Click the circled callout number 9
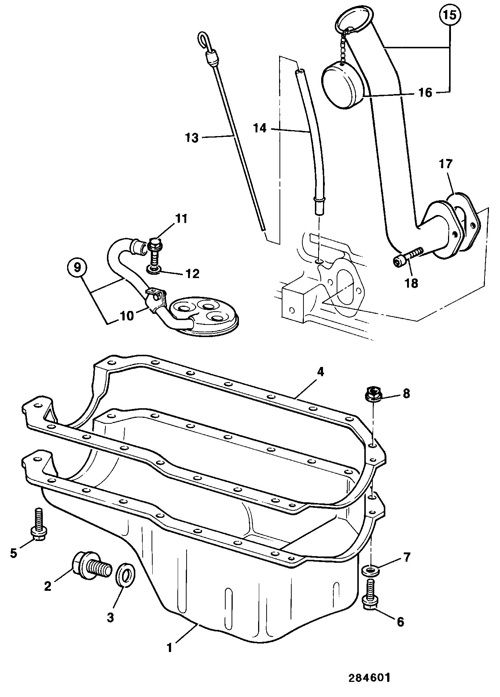click(x=77, y=267)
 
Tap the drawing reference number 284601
click(x=369, y=677)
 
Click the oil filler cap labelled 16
click(x=343, y=84)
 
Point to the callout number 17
click(x=445, y=164)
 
